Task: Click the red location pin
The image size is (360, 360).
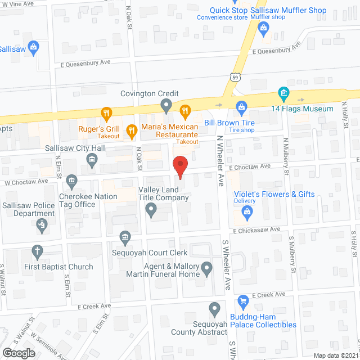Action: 179,166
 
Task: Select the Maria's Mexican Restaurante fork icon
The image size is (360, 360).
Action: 132,132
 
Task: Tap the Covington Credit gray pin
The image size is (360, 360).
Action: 166,105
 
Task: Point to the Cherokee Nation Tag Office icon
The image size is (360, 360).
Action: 71,181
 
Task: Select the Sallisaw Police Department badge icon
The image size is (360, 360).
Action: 41,226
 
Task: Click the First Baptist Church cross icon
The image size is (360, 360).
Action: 37,251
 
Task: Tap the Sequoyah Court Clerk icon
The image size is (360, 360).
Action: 125,239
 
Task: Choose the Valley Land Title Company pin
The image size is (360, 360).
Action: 151,210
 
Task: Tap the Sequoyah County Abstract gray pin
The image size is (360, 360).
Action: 214,309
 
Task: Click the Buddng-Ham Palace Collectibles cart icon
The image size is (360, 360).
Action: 243,303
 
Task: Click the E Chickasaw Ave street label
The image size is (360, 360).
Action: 256,229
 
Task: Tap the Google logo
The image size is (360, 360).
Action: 18,353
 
